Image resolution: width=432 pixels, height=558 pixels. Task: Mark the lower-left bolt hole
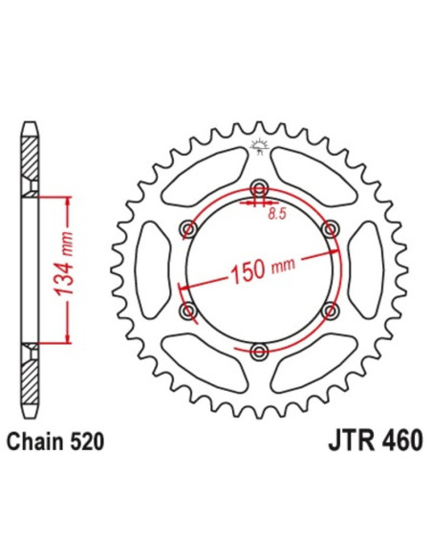(x=187, y=312)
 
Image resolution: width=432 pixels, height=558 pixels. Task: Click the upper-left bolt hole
(x=187, y=229)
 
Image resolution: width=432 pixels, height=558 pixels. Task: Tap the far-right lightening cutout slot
(x=371, y=270)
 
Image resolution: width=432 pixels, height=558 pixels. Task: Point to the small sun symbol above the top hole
(x=255, y=146)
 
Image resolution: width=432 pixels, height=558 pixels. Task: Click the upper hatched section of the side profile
(x=31, y=153)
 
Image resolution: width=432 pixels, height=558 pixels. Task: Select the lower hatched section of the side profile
(x=31, y=382)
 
